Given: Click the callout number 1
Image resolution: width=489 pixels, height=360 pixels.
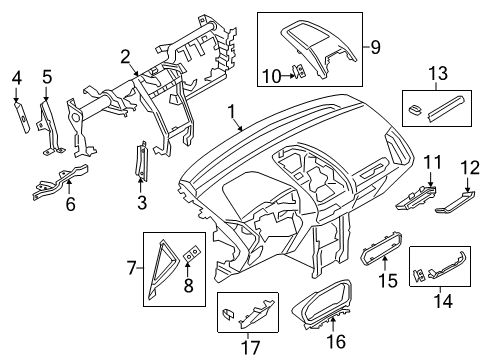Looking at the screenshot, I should [233, 112].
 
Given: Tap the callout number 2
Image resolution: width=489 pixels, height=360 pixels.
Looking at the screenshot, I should [127, 56].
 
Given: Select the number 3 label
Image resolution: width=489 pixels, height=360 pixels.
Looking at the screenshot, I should [141, 204].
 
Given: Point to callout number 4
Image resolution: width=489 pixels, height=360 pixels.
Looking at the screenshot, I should [17, 77].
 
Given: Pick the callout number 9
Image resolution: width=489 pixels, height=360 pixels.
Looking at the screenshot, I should [376, 46].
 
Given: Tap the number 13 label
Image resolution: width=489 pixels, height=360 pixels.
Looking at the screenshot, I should [438, 73].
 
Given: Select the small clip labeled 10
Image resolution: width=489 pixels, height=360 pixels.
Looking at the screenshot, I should [297, 69].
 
